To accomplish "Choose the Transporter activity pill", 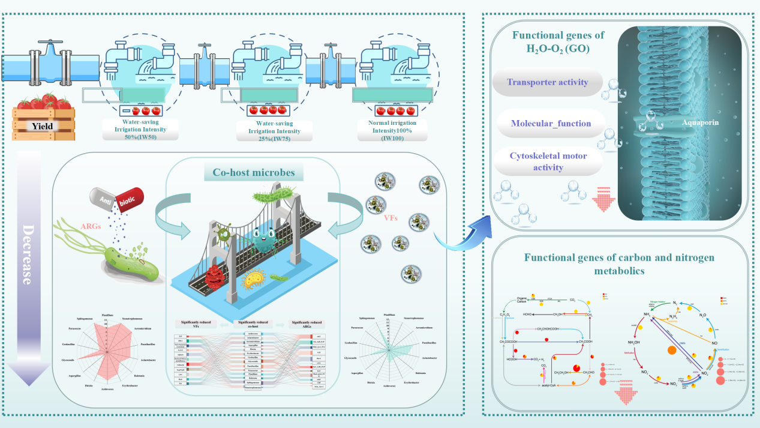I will point(547,83).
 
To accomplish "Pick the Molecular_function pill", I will point(551,124).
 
